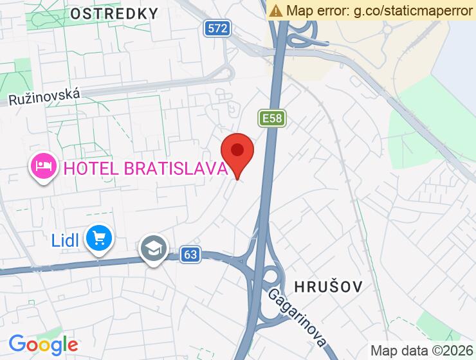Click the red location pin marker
pos(237,155)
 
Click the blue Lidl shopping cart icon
pos(99,239)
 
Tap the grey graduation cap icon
pos(154,249)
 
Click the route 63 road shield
pos(190,255)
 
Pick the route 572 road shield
pos(218,28)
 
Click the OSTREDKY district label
pos(114,13)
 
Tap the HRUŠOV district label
pos(328,285)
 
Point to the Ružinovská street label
pos(44,97)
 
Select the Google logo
pos(43,344)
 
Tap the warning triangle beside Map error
pos(276,10)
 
